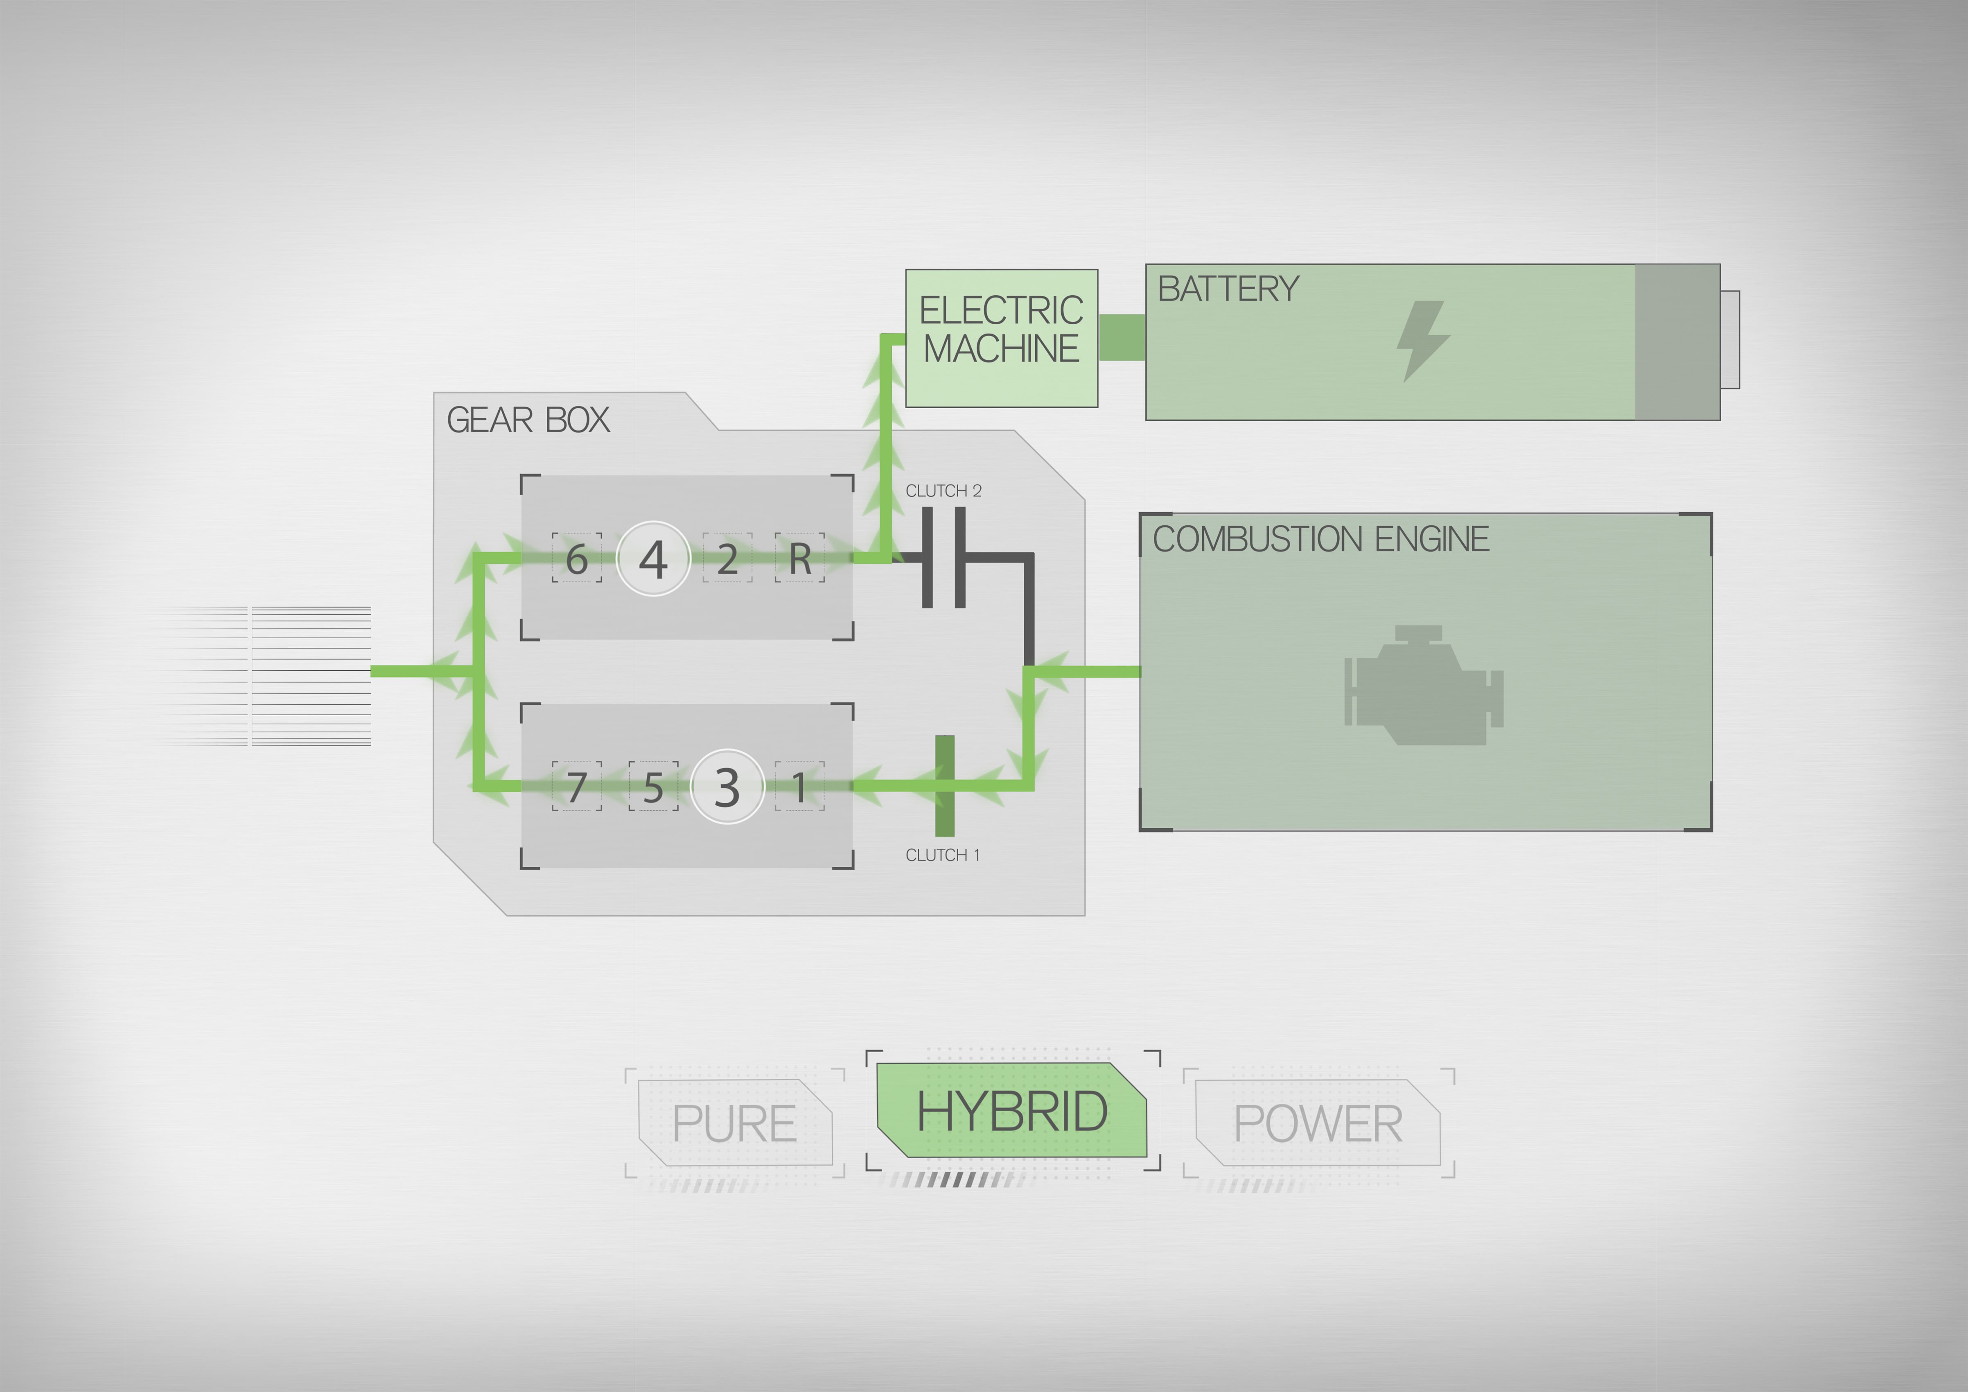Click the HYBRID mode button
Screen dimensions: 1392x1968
pyautogui.click(x=1011, y=1111)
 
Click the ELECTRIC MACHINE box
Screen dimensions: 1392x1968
pyautogui.click(x=1001, y=338)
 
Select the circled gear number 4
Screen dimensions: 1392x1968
pyautogui.click(x=653, y=559)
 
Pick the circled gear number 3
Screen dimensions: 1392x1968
pyautogui.click(x=727, y=787)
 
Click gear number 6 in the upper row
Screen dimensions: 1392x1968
pyautogui.click(x=577, y=559)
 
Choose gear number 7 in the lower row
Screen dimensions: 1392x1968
pyautogui.click(x=577, y=787)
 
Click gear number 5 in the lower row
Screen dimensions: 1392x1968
pyautogui.click(x=653, y=787)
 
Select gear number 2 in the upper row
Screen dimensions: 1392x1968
pyautogui.click(x=727, y=559)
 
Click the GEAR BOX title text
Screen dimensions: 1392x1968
pyautogui.click(x=528, y=420)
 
